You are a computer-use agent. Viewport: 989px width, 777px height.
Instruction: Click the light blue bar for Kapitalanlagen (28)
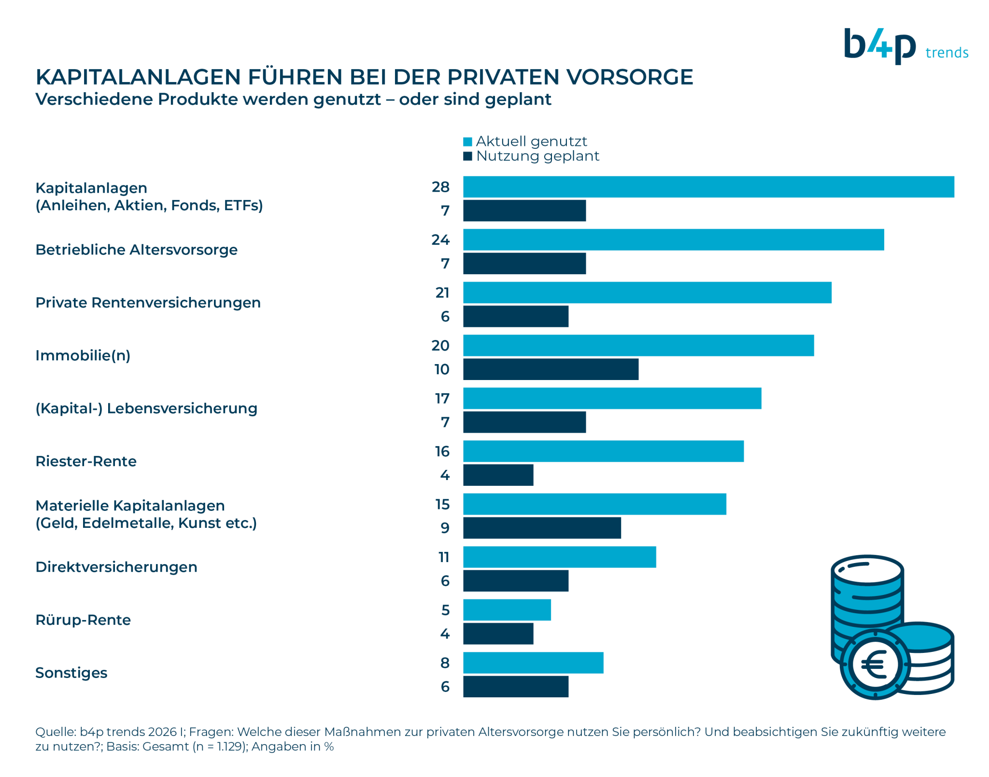pyautogui.click(x=708, y=187)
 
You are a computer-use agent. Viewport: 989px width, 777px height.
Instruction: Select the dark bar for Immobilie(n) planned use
pyautogui.click(x=551, y=369)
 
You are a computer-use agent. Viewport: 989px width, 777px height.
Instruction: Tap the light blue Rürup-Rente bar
pyautogui.click(x=507, y=610)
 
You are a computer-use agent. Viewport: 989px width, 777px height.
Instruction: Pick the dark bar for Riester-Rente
pyautogui.click(x=498, y=475)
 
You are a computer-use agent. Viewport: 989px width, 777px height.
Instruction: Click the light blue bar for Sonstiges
pyautogui.click(x=533, y=663)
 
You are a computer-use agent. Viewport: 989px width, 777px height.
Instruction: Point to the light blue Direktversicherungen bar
pyautogui.click(x=559, y=557)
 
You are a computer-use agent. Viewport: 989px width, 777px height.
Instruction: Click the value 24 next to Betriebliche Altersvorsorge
pyautogui.click(x=440, y=240)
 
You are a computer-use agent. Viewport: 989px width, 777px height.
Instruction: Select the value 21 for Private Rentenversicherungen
pyautogui.click(x=442, y=293)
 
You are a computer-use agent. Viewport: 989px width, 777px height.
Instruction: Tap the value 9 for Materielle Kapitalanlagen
pyautogui.click(x=445, y=528)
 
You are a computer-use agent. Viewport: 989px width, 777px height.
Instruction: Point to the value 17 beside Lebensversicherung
pyautogui.click(x=442, y=398)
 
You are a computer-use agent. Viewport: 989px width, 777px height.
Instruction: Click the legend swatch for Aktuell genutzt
pyautogui.click(x=467, y=142)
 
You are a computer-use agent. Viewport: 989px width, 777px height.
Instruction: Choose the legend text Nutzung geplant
pyautogui.click(x=537, y=156)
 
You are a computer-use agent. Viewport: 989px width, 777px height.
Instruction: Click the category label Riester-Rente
pyautogui.click(x=86, y=461)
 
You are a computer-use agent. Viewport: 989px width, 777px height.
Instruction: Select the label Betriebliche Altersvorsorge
pyautogui.click(x=136, y=250)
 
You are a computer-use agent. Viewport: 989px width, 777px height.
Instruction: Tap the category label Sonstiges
pyautogui.click(x=71, y=673)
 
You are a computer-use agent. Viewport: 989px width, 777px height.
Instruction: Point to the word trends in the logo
pyautogui.click(x=947, y=53)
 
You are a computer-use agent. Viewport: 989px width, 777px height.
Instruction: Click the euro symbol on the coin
pyautogui.click(x=875, y=664)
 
